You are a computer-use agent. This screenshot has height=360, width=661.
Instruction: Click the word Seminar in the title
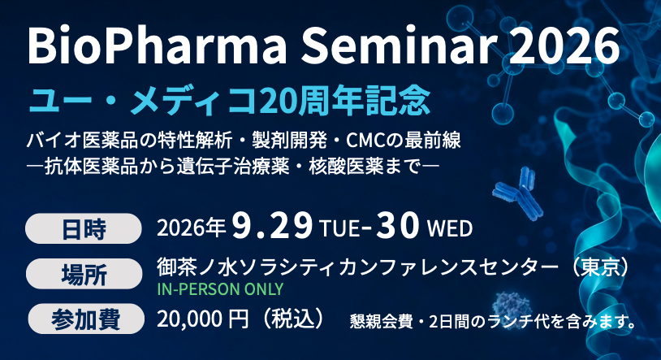[x=399, y=46]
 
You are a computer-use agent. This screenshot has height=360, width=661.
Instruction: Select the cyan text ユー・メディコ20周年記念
[x=229, y=101]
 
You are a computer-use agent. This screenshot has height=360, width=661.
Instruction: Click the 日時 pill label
[x=84, y=228]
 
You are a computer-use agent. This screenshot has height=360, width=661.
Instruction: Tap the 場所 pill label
[x=84, y=274]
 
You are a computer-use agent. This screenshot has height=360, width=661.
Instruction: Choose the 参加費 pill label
[x=86, y=319]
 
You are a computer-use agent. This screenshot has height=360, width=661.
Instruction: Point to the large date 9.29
[x=272, y=226]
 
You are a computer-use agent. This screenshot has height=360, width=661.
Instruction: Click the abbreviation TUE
[x=339, y=229]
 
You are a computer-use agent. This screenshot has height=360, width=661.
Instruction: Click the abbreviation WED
[x=450, y=229]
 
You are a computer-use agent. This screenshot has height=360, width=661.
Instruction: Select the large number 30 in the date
[x=398, y=226]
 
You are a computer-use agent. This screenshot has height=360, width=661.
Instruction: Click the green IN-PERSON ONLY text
[x=220, y=289]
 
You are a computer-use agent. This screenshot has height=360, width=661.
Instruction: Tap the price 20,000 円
[x=203, y=319]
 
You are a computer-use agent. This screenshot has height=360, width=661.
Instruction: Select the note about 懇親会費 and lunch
[x=493, y=323]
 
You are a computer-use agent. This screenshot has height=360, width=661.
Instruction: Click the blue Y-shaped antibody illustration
[x=518, y=193]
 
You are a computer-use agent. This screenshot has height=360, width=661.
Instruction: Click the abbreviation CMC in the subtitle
[x=366, y=141]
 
